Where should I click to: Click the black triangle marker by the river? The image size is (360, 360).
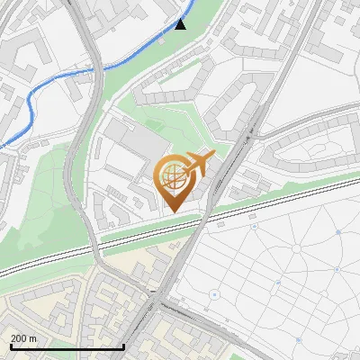click(180, 23)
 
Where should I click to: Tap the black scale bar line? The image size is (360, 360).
click(67, 346)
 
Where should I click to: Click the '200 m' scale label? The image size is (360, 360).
click(23, 338)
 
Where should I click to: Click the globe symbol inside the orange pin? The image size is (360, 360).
click(172, 177)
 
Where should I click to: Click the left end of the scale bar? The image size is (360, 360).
click(11, 346)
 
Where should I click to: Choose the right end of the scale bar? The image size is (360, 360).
click(123, 346)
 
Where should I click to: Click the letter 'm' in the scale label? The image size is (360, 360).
click(33, 338)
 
